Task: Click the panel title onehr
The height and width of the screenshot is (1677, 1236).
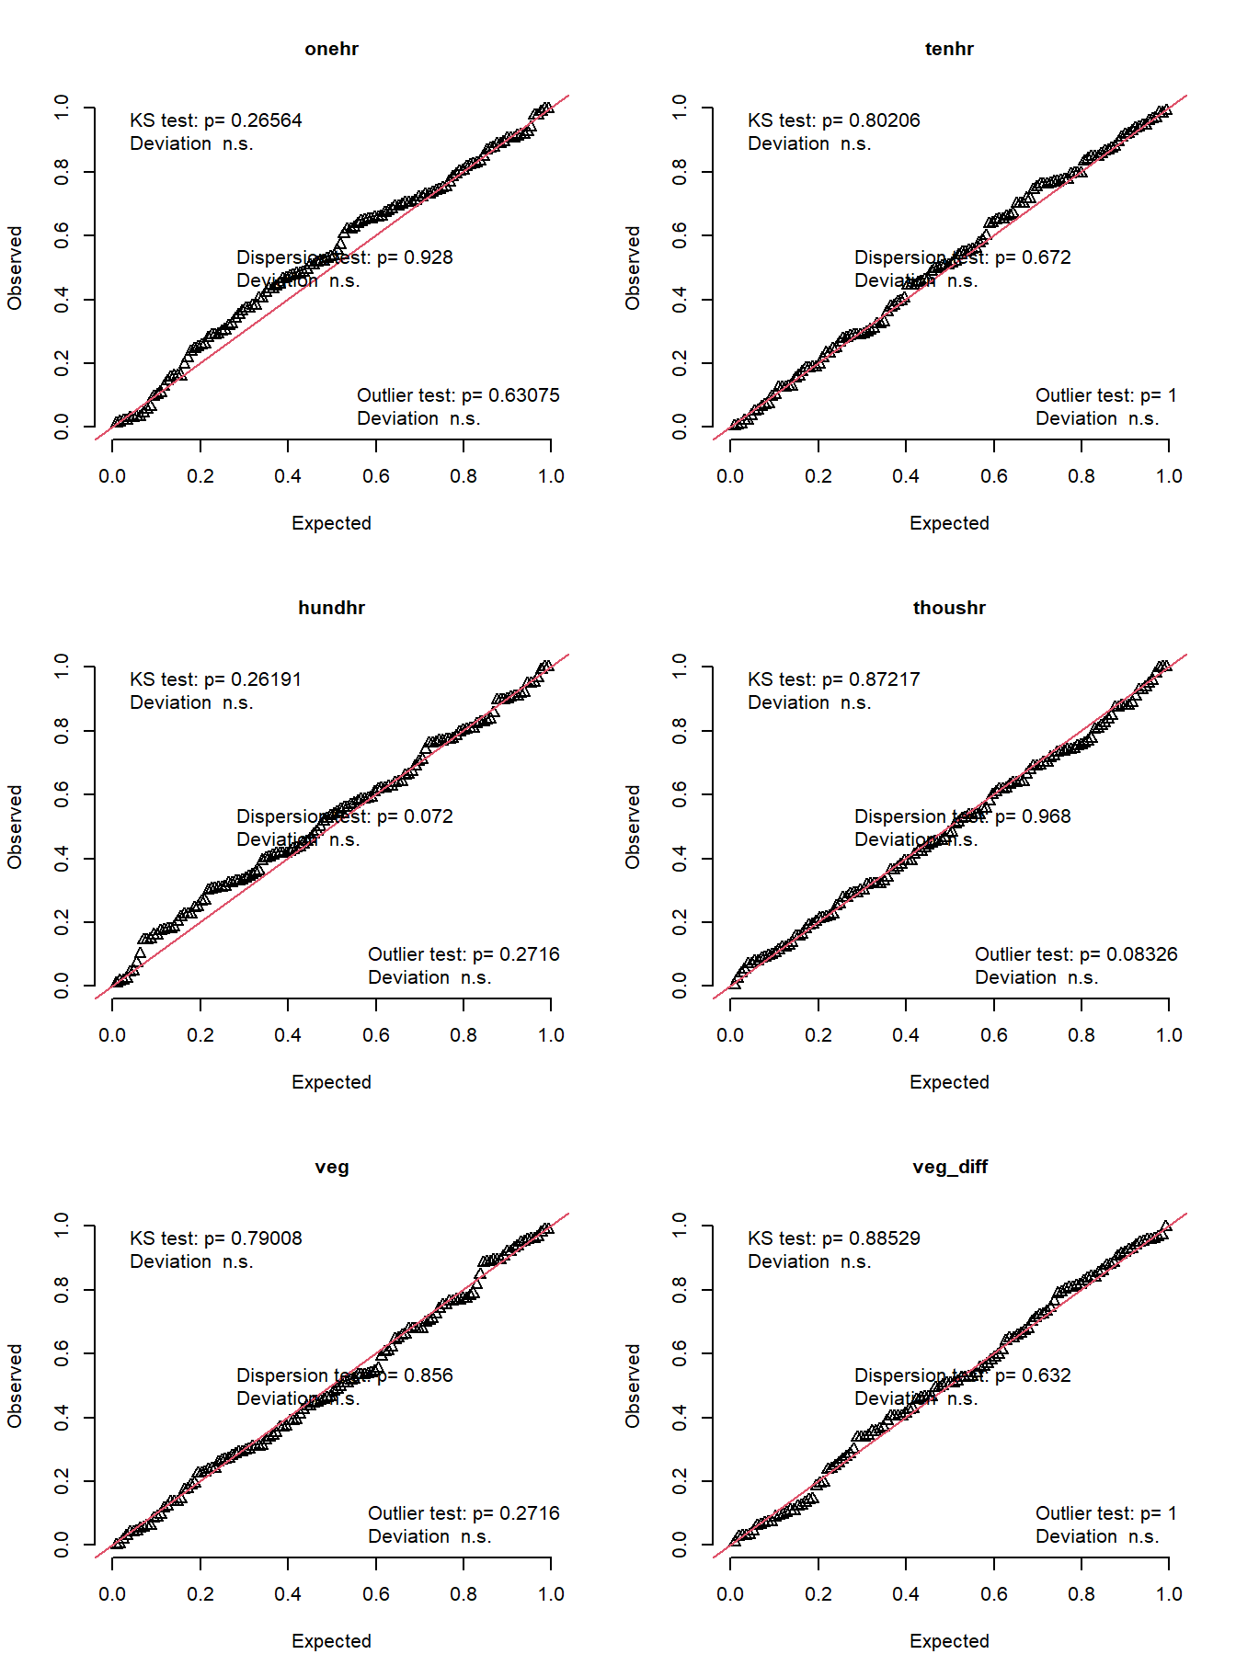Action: click(331, 49)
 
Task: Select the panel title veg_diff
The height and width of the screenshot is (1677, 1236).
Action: click(949, 1167)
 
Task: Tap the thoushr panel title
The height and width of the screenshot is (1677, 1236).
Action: click(949, 608)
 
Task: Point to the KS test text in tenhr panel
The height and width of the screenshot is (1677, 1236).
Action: click(833, 120)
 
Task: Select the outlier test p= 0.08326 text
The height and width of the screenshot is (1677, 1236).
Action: click(1075, 954)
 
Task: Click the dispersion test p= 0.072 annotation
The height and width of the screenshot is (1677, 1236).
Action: click(344, 816)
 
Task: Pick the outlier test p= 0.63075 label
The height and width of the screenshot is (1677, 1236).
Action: click(457, 395)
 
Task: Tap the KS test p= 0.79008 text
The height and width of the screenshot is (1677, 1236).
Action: click(215, 1238)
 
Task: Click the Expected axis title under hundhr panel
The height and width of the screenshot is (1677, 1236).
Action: click(331, 1082)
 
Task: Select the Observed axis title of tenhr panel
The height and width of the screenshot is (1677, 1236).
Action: click(633, 268)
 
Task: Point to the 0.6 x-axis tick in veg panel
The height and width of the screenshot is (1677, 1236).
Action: click(375, 1594)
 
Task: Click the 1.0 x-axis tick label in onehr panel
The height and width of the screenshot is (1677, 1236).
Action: click(551, 476)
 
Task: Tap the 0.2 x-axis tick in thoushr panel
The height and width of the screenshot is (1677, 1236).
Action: click(818, 1035)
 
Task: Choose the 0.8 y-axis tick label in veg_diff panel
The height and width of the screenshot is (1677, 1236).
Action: click(680, 1290)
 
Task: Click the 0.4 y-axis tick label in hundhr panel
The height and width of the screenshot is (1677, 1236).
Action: click(62, 859)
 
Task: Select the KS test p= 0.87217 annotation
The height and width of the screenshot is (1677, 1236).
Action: click(833, 679)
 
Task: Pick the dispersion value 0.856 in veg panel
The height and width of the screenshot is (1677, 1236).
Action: click(429, 1375)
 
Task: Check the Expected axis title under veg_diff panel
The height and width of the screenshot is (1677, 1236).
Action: click(949, 1641)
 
